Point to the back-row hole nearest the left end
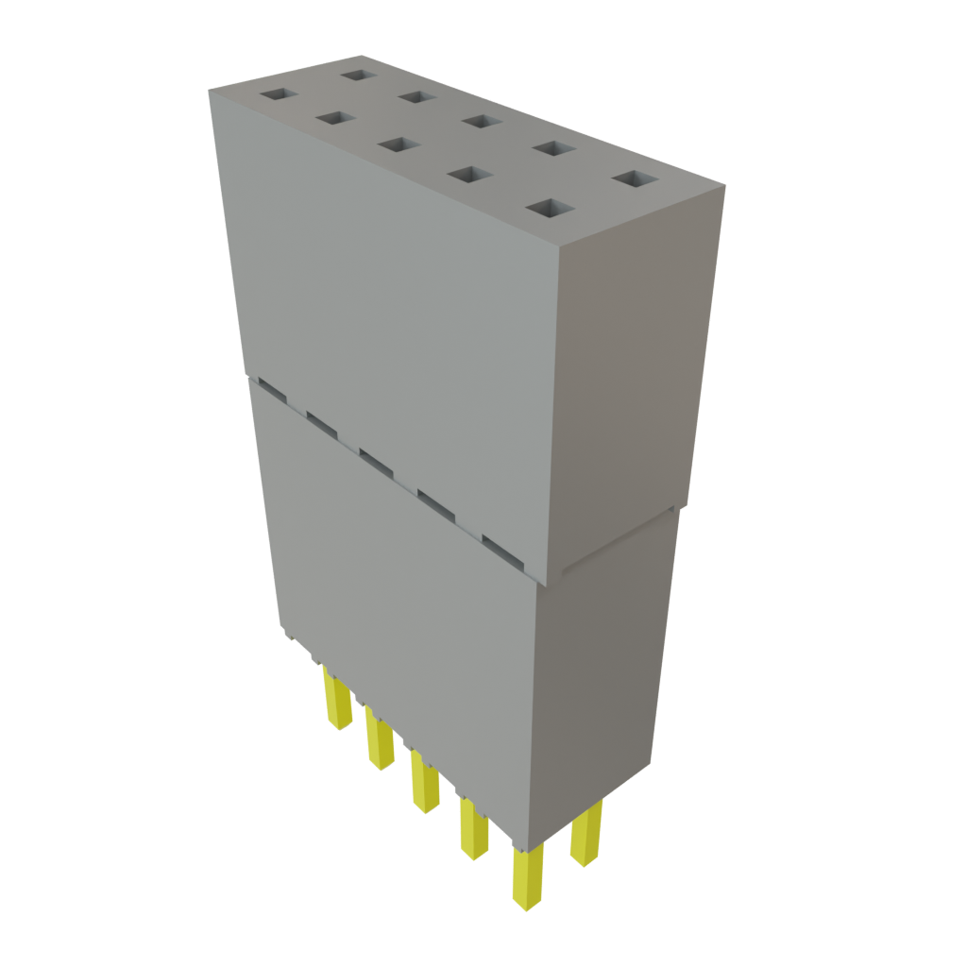(x=359, y=74)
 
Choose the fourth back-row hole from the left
(x=554, y=148)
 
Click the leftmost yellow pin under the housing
(x=336, y=699)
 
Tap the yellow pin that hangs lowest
(x=525, y=877)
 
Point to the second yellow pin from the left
(x=380, y=740)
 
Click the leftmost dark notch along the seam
(x=270, y=387)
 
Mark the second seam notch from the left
(x=321, y=422)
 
